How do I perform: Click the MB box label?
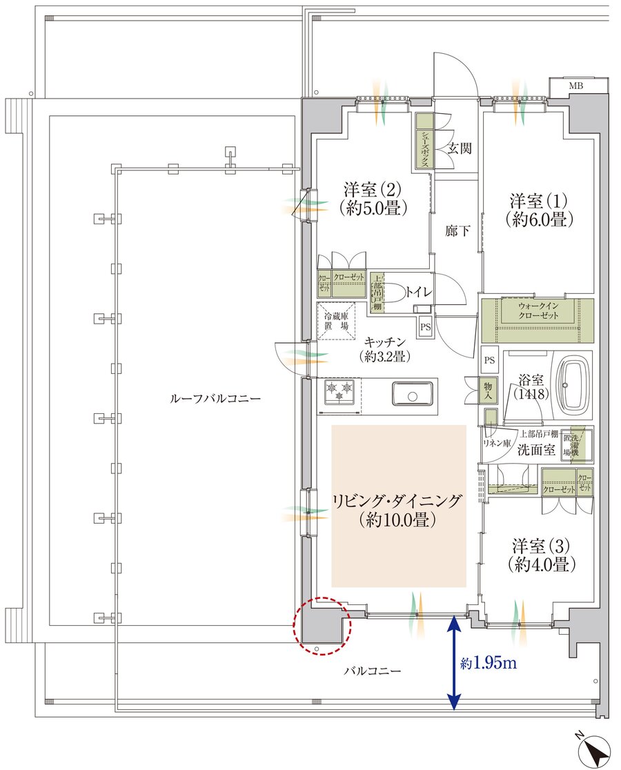point(575,86)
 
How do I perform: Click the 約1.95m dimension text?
point(488,664)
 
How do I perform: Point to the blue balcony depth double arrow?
point(453,662)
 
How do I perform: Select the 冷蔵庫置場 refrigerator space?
point(337,321)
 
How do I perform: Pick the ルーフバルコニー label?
point(215,399)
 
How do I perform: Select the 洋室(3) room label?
point(541,554)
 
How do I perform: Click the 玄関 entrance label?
point(460,148)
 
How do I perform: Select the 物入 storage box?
point(489,391)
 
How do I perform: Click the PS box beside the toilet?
point(425,327)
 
